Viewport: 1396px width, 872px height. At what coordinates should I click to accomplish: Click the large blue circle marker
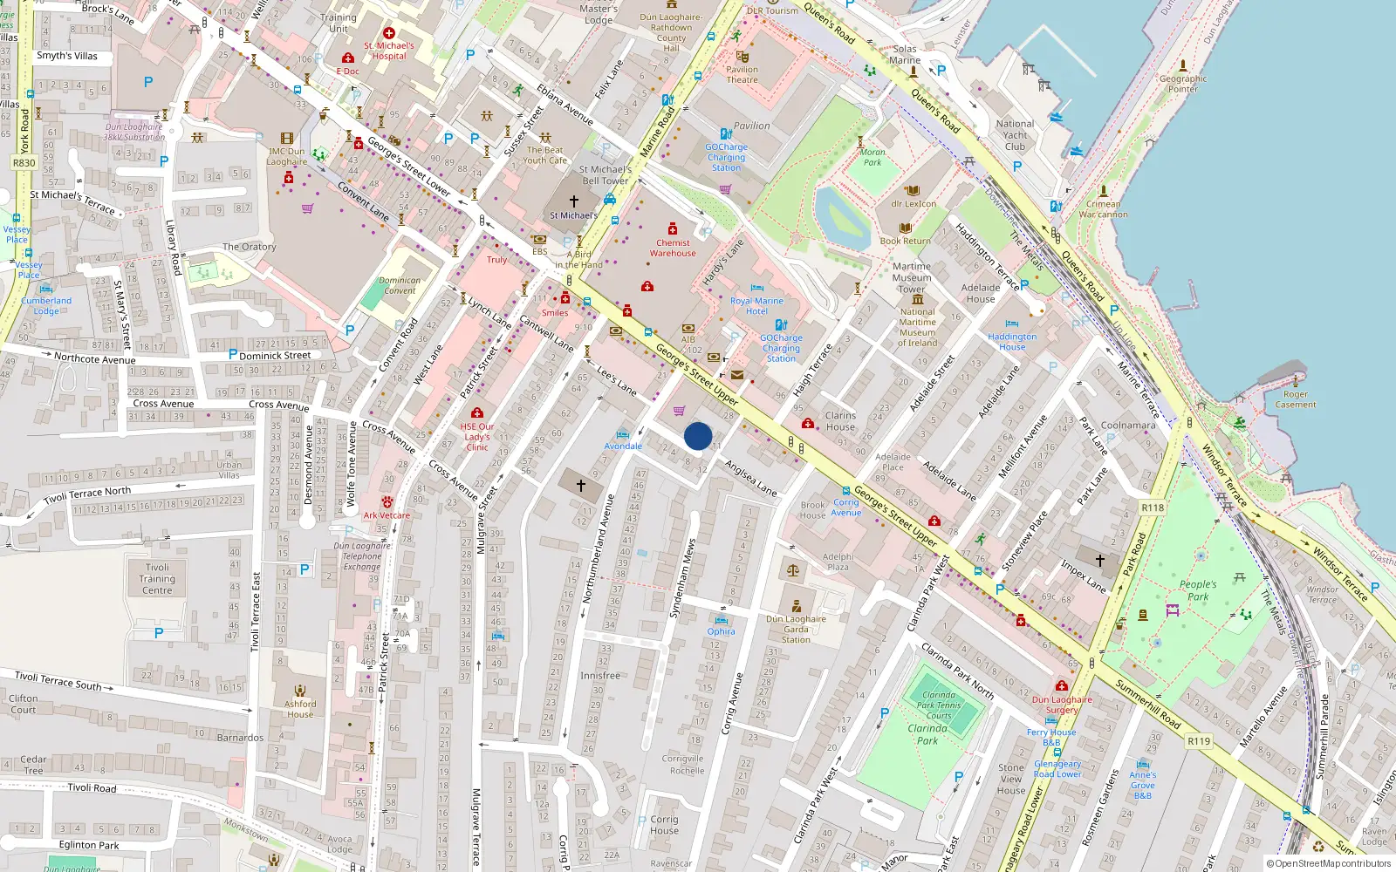point(698,436)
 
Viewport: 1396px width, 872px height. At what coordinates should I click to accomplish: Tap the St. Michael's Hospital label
point(389,51)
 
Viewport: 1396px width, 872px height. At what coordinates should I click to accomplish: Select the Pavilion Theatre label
point(742,74)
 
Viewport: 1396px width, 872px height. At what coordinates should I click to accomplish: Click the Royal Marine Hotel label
point(756,305)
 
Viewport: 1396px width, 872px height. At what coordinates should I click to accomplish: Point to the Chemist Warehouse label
point(673,248)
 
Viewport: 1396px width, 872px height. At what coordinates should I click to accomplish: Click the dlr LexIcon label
point(914,204)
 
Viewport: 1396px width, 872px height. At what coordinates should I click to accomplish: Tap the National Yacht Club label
point(1015,135)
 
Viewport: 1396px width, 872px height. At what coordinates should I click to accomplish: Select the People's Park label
point(1198,590)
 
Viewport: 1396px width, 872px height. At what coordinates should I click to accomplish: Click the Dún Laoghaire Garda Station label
point(796,629)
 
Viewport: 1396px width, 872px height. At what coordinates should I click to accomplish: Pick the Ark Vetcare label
point(387,515)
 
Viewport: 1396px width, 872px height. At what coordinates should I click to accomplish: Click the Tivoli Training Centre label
point(157,578)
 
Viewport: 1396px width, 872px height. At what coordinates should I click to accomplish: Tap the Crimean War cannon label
point(1103,209)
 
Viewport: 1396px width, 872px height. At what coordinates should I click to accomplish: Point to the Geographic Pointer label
point(1183,84)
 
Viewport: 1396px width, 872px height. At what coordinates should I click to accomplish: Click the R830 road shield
point(24,163)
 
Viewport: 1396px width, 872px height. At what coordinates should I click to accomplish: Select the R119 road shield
point(1199,741)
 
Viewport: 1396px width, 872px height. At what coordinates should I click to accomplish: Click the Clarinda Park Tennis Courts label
point(939,705)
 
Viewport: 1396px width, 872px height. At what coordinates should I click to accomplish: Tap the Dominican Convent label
point(400,286)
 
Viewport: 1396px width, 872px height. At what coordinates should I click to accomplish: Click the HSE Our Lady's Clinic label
point(477,437)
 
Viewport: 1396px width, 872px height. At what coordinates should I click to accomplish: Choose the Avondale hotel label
point(623,446)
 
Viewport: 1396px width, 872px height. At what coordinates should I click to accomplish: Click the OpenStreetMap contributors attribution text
point(1328,863)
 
